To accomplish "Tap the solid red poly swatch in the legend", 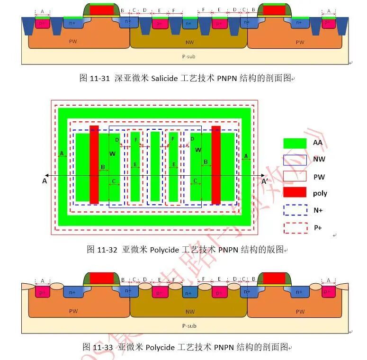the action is [295, 192].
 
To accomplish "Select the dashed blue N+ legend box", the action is [295, 210].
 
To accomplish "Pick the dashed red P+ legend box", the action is [295, 227].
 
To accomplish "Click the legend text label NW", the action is [319, 160].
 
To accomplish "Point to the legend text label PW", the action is [319, 177].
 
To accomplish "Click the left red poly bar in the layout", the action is [94, 165].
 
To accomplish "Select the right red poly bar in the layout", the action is [216, 165].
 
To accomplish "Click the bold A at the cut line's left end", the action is [45, 180].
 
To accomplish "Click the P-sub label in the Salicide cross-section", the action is [188, 57].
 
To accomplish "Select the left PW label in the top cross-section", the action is [73, 41].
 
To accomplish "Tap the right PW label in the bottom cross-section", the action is [300, 311].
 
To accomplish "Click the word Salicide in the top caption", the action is [165, 79].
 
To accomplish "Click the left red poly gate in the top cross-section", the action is [101, 10].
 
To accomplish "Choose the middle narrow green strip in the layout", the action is [155, 166].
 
